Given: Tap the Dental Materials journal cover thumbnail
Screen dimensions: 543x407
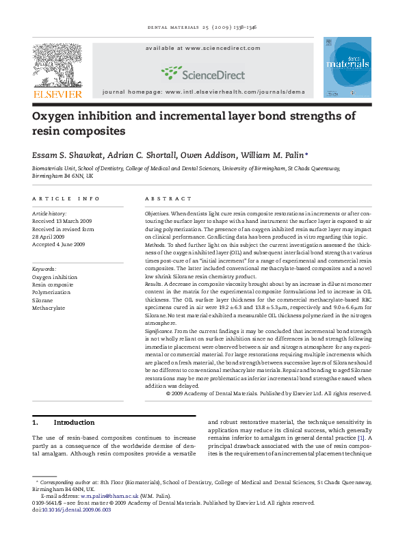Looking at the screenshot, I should tap(347, 67).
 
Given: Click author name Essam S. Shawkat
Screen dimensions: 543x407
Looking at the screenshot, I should tap(68, 155).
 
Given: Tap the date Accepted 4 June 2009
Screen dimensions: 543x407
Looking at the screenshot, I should tap(59, 244).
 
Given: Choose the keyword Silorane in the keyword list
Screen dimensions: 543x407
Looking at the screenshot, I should tap(44, 300).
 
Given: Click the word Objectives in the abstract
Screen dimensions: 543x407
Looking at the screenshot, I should tap(157, 214).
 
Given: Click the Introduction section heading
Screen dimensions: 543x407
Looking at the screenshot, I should tap(74, 423).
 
